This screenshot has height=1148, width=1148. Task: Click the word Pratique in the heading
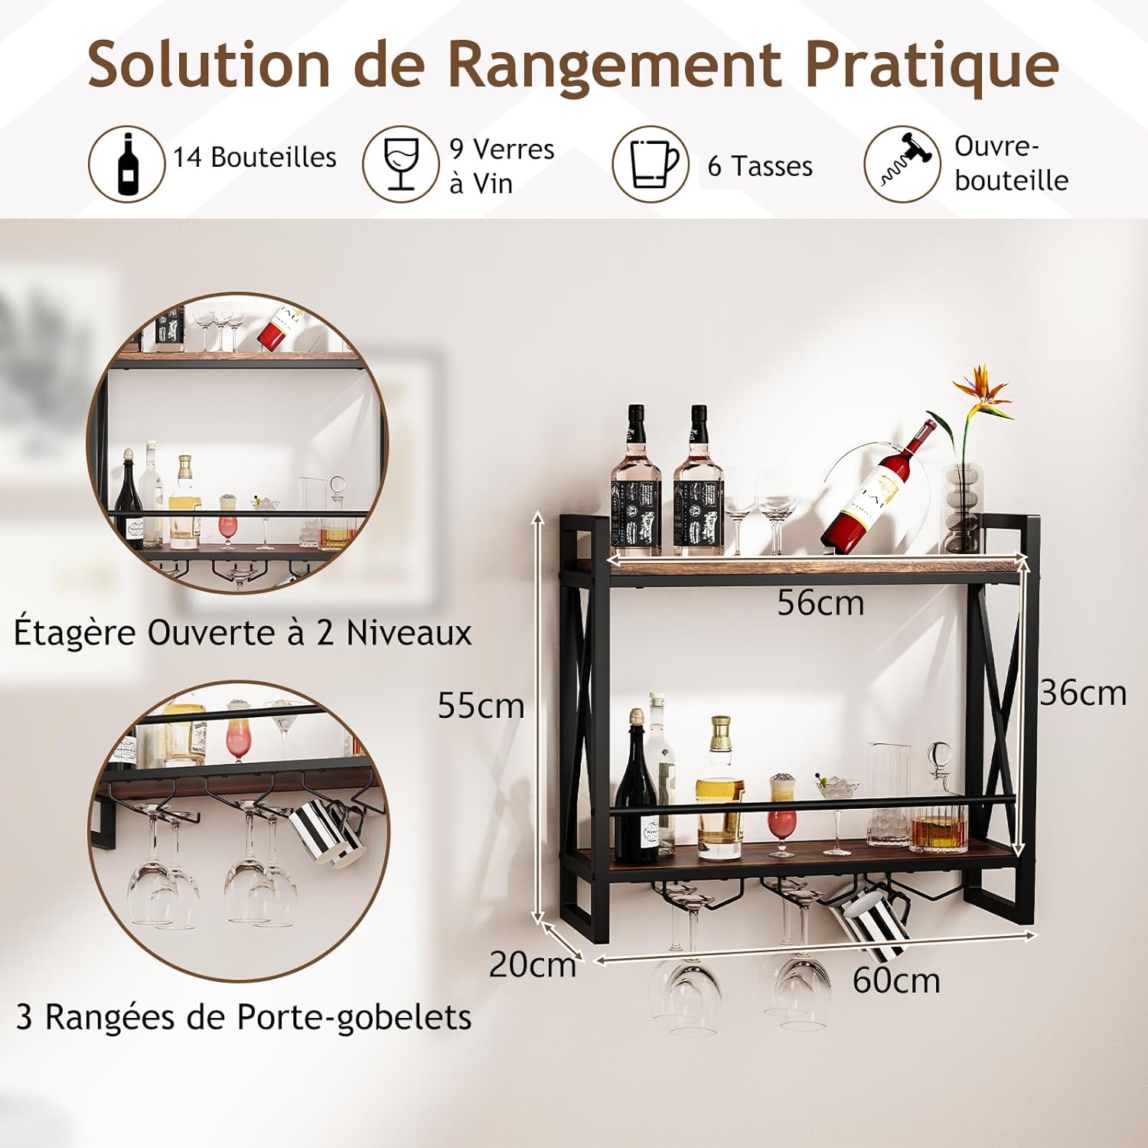tap(931, 66)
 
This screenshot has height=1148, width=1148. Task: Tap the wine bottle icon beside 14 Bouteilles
tap(126, 164)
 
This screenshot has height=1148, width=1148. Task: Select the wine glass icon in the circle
tap(400, 164)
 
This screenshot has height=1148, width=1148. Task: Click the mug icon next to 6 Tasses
tap(654, 164)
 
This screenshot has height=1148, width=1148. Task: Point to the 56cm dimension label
tap(820, 603)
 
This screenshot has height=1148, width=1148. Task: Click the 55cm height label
tap(481, 706)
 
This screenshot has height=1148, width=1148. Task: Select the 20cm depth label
tap(533, 964)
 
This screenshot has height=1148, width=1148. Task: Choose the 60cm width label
tap(896, 980)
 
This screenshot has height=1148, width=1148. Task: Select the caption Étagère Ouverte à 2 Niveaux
tap(243, 634)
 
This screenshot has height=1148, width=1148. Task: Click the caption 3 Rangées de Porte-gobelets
tap(243, 1018)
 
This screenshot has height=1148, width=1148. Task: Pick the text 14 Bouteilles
tap(255, 157)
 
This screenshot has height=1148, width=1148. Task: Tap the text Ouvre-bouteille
tap(1011, 163)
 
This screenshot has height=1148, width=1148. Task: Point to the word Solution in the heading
tap(209, 66)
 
